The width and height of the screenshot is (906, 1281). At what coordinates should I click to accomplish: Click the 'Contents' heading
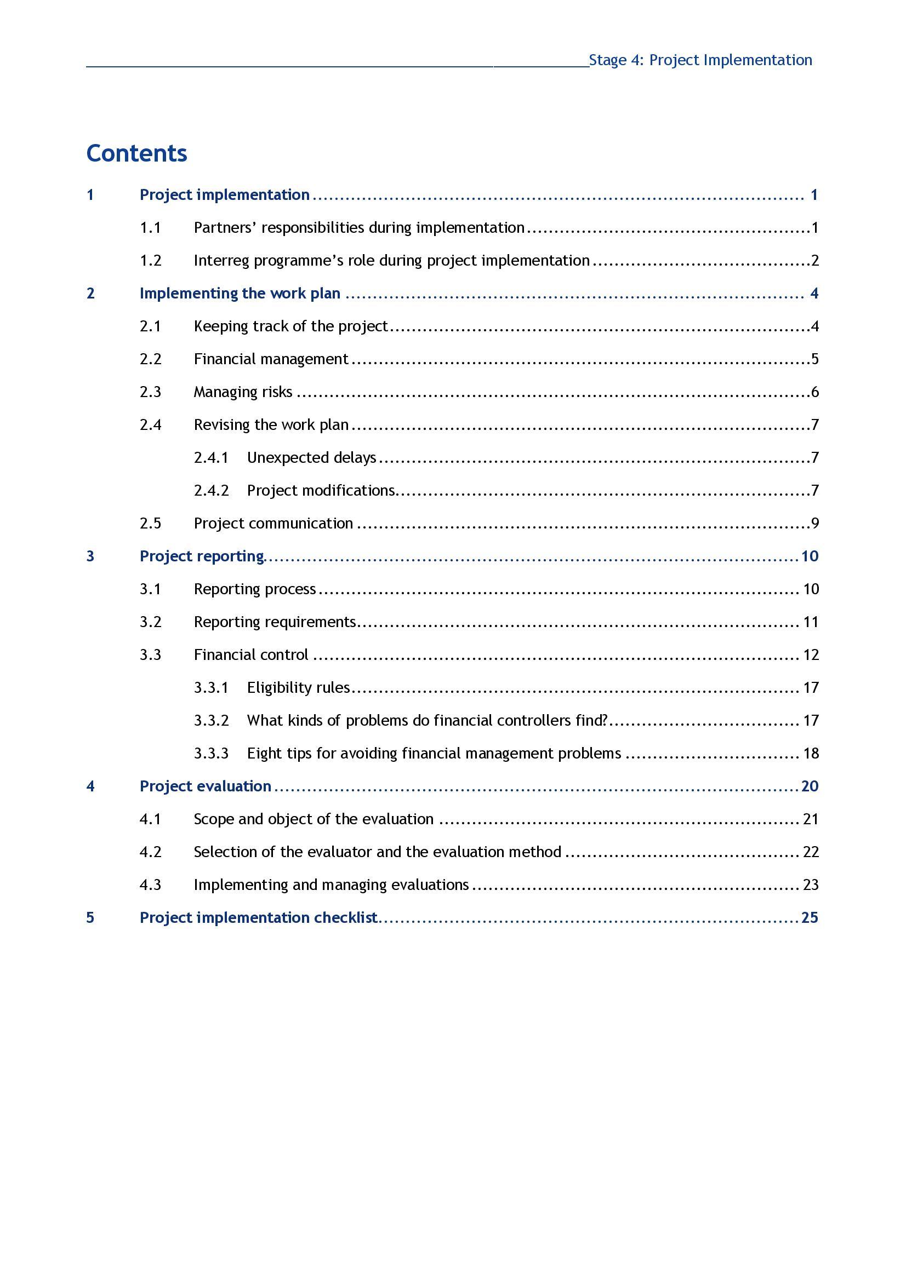coord(137,153)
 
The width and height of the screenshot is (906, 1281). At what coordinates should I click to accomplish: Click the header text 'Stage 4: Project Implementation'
coord(700,60)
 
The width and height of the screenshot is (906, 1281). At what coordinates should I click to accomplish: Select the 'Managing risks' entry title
coord(243,392)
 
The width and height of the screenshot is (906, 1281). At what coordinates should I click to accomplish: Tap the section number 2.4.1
coord(211,458)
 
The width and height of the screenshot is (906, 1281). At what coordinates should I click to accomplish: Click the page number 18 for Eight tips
coord(811,754)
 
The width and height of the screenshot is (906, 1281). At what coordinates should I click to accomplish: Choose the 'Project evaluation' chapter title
coord(206,786)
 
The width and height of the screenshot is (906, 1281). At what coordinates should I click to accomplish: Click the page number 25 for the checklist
coord(810,918)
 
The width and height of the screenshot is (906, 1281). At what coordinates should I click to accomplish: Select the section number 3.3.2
coord(211,721)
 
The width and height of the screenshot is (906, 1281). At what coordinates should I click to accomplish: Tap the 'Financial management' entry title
coord(271,359)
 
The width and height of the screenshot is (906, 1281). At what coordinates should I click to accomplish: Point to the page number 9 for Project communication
coord(814,524)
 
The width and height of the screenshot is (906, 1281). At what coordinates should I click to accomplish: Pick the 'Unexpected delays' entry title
coord(311,458)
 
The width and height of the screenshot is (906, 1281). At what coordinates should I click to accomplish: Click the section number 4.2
coord(150,853)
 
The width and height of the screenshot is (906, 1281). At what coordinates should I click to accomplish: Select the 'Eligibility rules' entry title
coord(298,688)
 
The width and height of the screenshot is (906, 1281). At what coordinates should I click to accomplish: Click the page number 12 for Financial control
coord(811,655)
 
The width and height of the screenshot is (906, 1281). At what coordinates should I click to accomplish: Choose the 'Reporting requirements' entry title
coord(275,622)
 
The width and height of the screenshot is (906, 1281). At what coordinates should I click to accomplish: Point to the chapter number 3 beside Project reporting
coord(90,556)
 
